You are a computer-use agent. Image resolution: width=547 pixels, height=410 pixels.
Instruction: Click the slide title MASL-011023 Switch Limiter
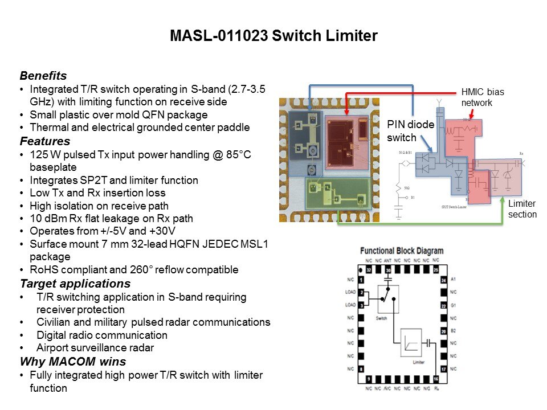point(273,36)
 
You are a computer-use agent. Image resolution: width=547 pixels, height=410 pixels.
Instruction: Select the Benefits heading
point(43,76)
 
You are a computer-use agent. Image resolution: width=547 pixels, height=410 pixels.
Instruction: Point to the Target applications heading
point(75,284)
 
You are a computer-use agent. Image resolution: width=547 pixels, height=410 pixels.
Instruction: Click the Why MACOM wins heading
point(73,362)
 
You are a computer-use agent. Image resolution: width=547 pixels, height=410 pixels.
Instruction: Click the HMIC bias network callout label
point(482,97)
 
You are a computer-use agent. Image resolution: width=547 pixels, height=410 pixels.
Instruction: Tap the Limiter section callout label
point(522,209)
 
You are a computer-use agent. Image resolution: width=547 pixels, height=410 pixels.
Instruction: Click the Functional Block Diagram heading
point(402,251)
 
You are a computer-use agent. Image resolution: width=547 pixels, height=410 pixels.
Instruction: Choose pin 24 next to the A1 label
point(442,280)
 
